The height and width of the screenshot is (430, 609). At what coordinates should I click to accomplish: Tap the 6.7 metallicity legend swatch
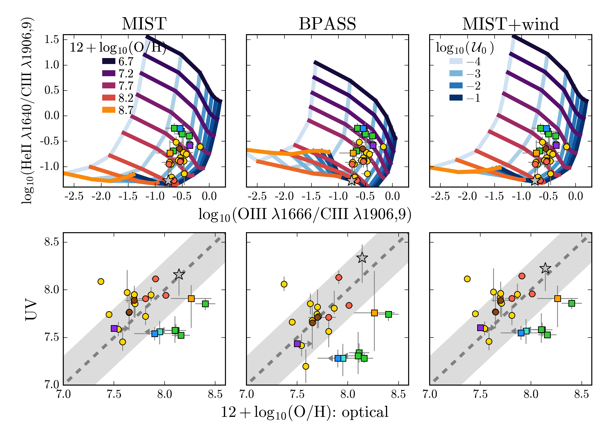[x=109, y=61]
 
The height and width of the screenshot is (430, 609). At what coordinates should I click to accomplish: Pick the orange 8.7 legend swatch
[x=109, y=110]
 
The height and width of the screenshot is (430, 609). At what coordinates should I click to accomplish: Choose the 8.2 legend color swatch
[x=109, y=98]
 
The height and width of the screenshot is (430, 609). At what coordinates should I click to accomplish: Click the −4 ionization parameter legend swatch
[x=456, y=61]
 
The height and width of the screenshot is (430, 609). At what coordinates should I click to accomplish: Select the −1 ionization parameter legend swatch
[x=456, y=98]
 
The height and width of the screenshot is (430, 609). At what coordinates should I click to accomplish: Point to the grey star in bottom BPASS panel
[x=362, y=258]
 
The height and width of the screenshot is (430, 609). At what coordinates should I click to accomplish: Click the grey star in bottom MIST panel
[x=179, y=274]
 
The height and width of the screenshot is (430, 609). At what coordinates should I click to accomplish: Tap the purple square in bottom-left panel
[x=114, y=328]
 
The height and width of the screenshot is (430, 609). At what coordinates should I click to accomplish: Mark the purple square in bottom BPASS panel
[x=297, y=344]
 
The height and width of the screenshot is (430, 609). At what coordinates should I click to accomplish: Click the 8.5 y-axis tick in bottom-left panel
[x=51, y=242]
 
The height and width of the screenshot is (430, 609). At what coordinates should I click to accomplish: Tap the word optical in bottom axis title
[x=365, y=412]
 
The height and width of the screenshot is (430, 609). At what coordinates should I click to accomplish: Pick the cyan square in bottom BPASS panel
[x=343, y=358]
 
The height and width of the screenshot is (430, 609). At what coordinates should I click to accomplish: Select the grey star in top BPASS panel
[x=352, y=180]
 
